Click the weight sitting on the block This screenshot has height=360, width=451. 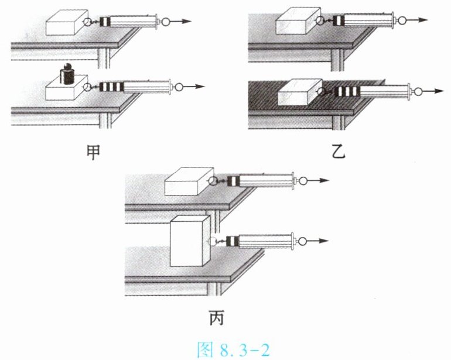pos(67,74)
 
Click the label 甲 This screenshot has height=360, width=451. pos(94,153)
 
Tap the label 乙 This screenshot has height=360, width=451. pos(339,153)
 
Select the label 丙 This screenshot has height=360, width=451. pos(217,318)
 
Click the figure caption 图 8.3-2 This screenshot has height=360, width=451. pos(234,350)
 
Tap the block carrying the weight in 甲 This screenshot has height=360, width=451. pos(67,88)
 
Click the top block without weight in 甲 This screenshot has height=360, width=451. pos(67,22)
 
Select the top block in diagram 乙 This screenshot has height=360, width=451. pos(298,21)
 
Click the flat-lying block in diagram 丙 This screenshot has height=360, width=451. pos(189,181)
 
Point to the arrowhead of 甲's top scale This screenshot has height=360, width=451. pos(187,21)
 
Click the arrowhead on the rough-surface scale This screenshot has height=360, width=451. pos(439,91)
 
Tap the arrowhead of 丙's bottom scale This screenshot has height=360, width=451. pos(323,241)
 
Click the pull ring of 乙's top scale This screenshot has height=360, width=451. pos(402,20)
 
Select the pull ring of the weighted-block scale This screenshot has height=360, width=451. pos(179,87)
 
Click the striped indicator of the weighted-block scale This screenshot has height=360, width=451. pos(111,87)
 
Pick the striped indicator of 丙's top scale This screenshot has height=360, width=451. pos(233,181)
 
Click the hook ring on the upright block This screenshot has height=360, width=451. pos(213,241)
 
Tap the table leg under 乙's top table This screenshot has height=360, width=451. pos(338,60)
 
